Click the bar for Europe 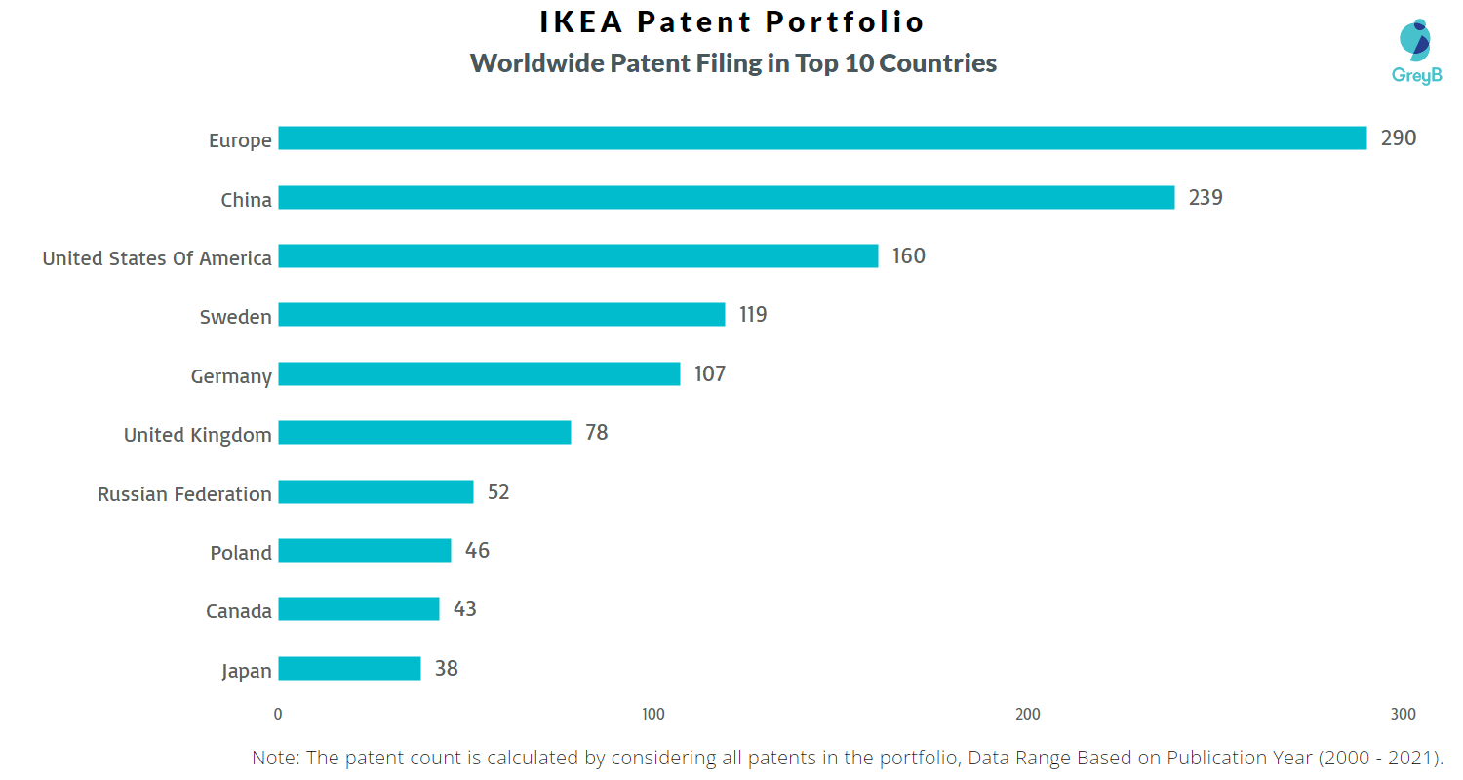click(x=822, y=138)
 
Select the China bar click(x=727, y=198)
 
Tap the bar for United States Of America click(x=578, y=256)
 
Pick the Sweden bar click(x=501, y=315)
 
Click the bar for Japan click(x=349, y=668)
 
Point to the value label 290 click(x=1398, y=138)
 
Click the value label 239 click(x=1206, y=198)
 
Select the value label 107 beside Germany click(x=710, y=373)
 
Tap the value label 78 click(x=596, y=433)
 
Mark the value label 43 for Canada click(x=465, y=609)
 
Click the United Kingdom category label click(x=198, y=435)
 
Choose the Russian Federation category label click(x=184, y=494)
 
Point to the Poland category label click(x=241, y=553)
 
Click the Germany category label click(x=231, y=376)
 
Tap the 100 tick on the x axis click(x=652, y=715)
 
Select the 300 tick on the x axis click(x=1403, y=715)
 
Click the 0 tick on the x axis click(x=278, y=715)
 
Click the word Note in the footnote click(x=275, y=759)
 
